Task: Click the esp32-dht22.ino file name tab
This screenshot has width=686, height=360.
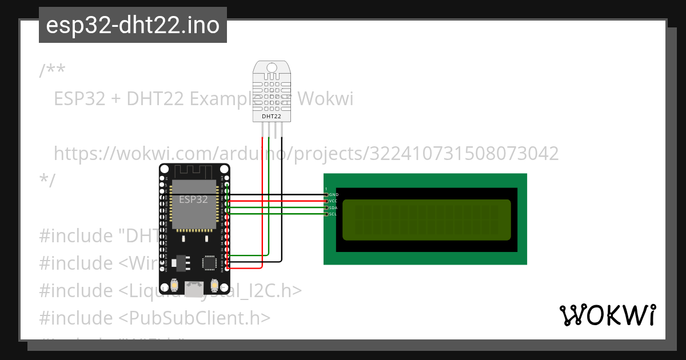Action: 133,25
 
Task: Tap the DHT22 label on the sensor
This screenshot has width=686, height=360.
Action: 271,116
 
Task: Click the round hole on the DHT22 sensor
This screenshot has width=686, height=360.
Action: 271,69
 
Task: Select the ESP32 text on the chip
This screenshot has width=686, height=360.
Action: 193,199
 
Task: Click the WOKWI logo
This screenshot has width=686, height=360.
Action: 607,315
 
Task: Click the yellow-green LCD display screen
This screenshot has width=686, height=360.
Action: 426,220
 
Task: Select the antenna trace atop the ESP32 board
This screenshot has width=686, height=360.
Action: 194,170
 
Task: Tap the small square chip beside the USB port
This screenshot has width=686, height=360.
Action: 209,262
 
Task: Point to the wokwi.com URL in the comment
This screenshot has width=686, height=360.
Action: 306,154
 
